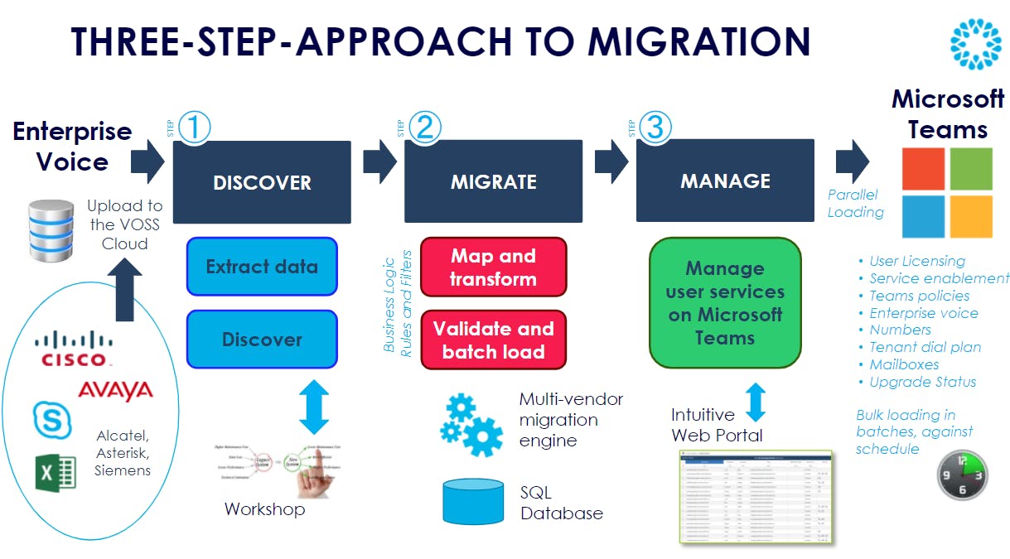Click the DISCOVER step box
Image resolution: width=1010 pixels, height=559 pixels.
click(262, 181)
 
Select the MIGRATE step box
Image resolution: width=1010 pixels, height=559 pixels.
click(493, 181)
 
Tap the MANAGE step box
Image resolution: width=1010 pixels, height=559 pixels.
click(725, 181)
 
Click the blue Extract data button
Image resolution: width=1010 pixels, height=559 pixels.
click(262, 267)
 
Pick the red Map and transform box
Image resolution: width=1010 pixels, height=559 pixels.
click(493, 267)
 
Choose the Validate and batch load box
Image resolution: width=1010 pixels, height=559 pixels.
click(493, 340)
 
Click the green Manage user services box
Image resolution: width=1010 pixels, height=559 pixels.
click(725, 303)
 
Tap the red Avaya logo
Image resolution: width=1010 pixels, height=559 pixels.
click(115, 390)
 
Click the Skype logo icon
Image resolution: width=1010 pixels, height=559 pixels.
click(52, 418)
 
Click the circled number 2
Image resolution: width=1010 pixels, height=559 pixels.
click(425, 128)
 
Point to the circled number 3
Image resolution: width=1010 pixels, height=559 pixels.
click(656, 128)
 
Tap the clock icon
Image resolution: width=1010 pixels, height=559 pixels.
click(963, 475)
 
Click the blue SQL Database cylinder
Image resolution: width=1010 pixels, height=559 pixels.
click(473, 502)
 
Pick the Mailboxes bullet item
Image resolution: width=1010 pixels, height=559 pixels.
click(904, 364)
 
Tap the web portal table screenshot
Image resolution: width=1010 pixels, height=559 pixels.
click(756, 496)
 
